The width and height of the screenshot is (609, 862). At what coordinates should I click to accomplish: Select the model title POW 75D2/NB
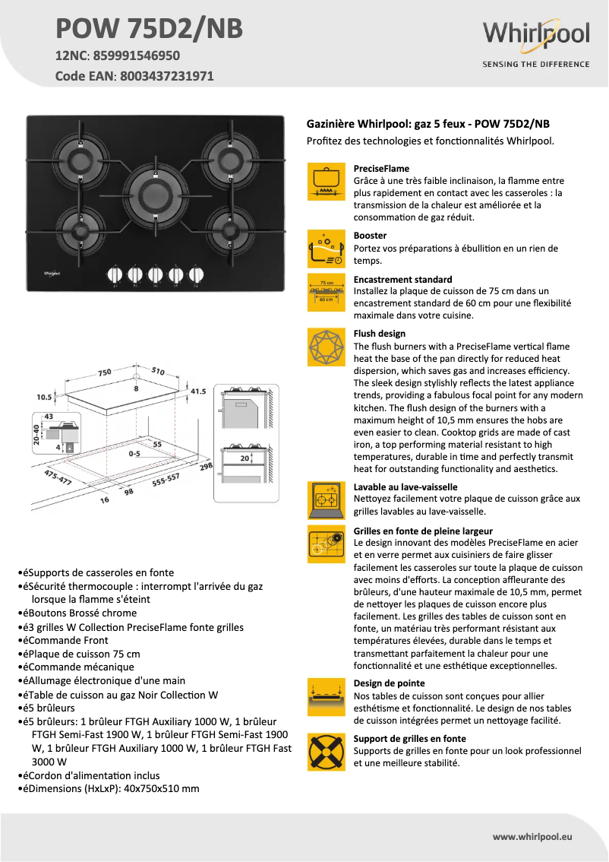point(150,28)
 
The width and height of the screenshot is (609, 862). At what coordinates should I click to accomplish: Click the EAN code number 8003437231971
point(167,76)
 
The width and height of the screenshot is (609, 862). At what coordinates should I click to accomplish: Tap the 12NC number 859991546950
point(136,55)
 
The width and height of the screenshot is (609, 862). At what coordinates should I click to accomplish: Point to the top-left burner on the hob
point(81,159)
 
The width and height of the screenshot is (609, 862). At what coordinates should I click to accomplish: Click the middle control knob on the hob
point(156,274)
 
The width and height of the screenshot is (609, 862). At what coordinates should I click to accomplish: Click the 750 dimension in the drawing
point(104,372)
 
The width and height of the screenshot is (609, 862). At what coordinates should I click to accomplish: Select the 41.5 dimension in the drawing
point(198,391)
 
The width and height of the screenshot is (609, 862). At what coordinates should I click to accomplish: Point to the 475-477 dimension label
point(58,478)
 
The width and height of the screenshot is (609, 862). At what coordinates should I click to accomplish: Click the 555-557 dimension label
point(166,478)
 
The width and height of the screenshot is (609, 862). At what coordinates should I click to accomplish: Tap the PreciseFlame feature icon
point(327,182)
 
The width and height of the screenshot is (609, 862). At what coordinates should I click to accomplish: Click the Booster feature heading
point(370,236)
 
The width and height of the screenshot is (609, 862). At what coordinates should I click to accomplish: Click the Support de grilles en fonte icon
point(327,752)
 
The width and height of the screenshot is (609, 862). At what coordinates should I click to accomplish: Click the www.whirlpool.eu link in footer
point(532,836)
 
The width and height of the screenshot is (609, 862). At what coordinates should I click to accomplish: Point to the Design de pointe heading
point(389,683)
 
